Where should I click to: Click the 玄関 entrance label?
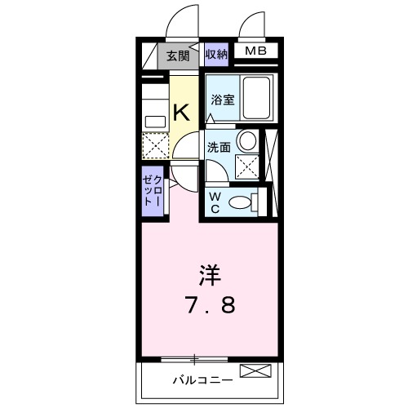(178, 55)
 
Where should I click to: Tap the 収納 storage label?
(216, 55)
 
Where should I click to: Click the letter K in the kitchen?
(182, 113)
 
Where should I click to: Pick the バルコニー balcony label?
(202, 380)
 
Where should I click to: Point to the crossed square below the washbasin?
(247, 166)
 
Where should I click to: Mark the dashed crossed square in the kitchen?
(154, 146)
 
